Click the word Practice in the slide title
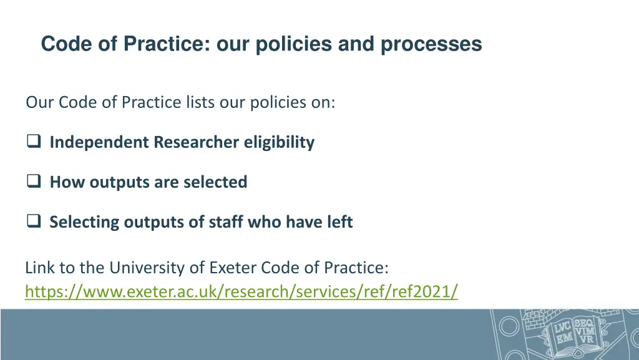[167, 44]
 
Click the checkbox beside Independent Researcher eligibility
[34, 143]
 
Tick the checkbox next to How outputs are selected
[34, 182]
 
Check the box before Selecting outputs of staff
[34, 222]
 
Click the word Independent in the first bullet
[100, 143]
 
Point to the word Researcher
[197, 143]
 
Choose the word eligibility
[279, 143]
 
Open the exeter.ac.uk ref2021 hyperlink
[241, 291]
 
